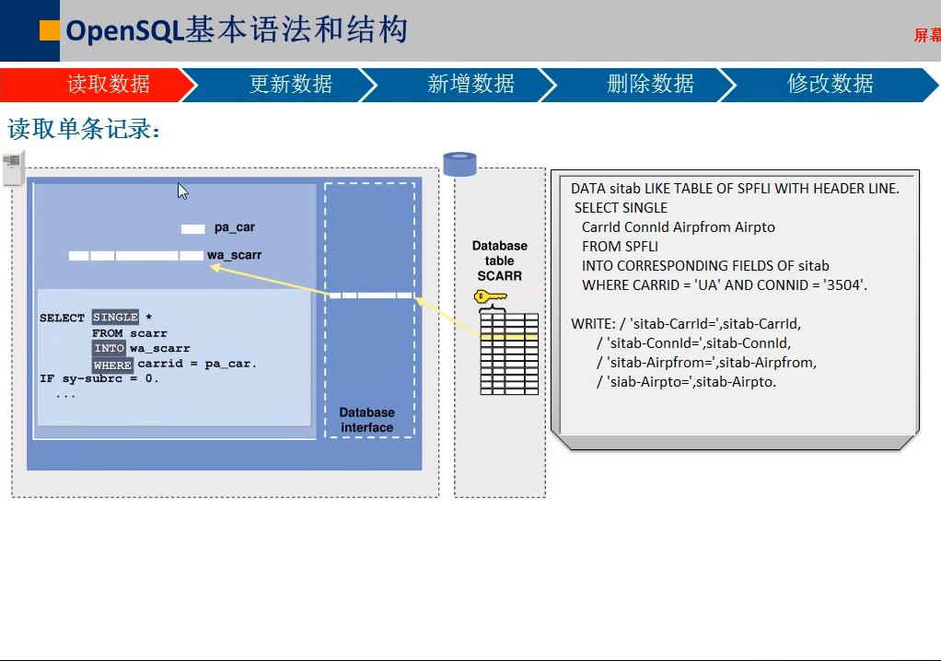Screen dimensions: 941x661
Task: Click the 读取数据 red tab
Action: (108, 85)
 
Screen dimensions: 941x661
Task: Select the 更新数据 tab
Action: (290, 85)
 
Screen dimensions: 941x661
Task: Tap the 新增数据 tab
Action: (470, 85)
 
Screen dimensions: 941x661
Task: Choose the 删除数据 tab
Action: (650, 85)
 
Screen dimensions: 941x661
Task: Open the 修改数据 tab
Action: (830, 85)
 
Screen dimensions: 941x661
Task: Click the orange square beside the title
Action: (50, 30)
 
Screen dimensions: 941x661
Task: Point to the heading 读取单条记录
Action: (84, 129)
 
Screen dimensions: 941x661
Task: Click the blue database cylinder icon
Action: (459, 164)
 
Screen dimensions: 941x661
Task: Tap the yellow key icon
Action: (490, 296)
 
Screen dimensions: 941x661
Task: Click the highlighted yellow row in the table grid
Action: (509, 338)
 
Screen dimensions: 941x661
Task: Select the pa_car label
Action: (234, 227)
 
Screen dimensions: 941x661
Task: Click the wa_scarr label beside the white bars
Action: (234, 255)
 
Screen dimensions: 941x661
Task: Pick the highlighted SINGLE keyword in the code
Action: (115, 318)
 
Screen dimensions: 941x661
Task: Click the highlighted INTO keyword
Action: (109, 349)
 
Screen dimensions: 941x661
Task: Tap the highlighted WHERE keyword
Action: (112, 365)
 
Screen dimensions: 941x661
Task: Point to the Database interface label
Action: (366, 420)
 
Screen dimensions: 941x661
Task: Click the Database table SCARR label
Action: (500, 261)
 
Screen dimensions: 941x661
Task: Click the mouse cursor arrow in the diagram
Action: (182, 191)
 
